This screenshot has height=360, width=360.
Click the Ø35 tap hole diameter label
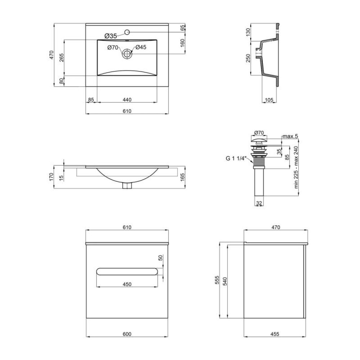(111, 36)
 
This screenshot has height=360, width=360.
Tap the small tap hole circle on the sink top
(127, 32)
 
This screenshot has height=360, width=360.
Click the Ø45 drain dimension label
(141, 47)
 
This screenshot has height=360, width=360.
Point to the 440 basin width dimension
(127, 100)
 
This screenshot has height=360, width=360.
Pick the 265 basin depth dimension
(62, 58)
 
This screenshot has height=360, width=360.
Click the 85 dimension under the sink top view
(91, 100)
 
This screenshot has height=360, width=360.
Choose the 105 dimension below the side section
(269, 100)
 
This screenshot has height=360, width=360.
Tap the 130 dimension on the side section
(248, 32)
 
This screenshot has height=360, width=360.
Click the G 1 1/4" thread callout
(236, 158)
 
